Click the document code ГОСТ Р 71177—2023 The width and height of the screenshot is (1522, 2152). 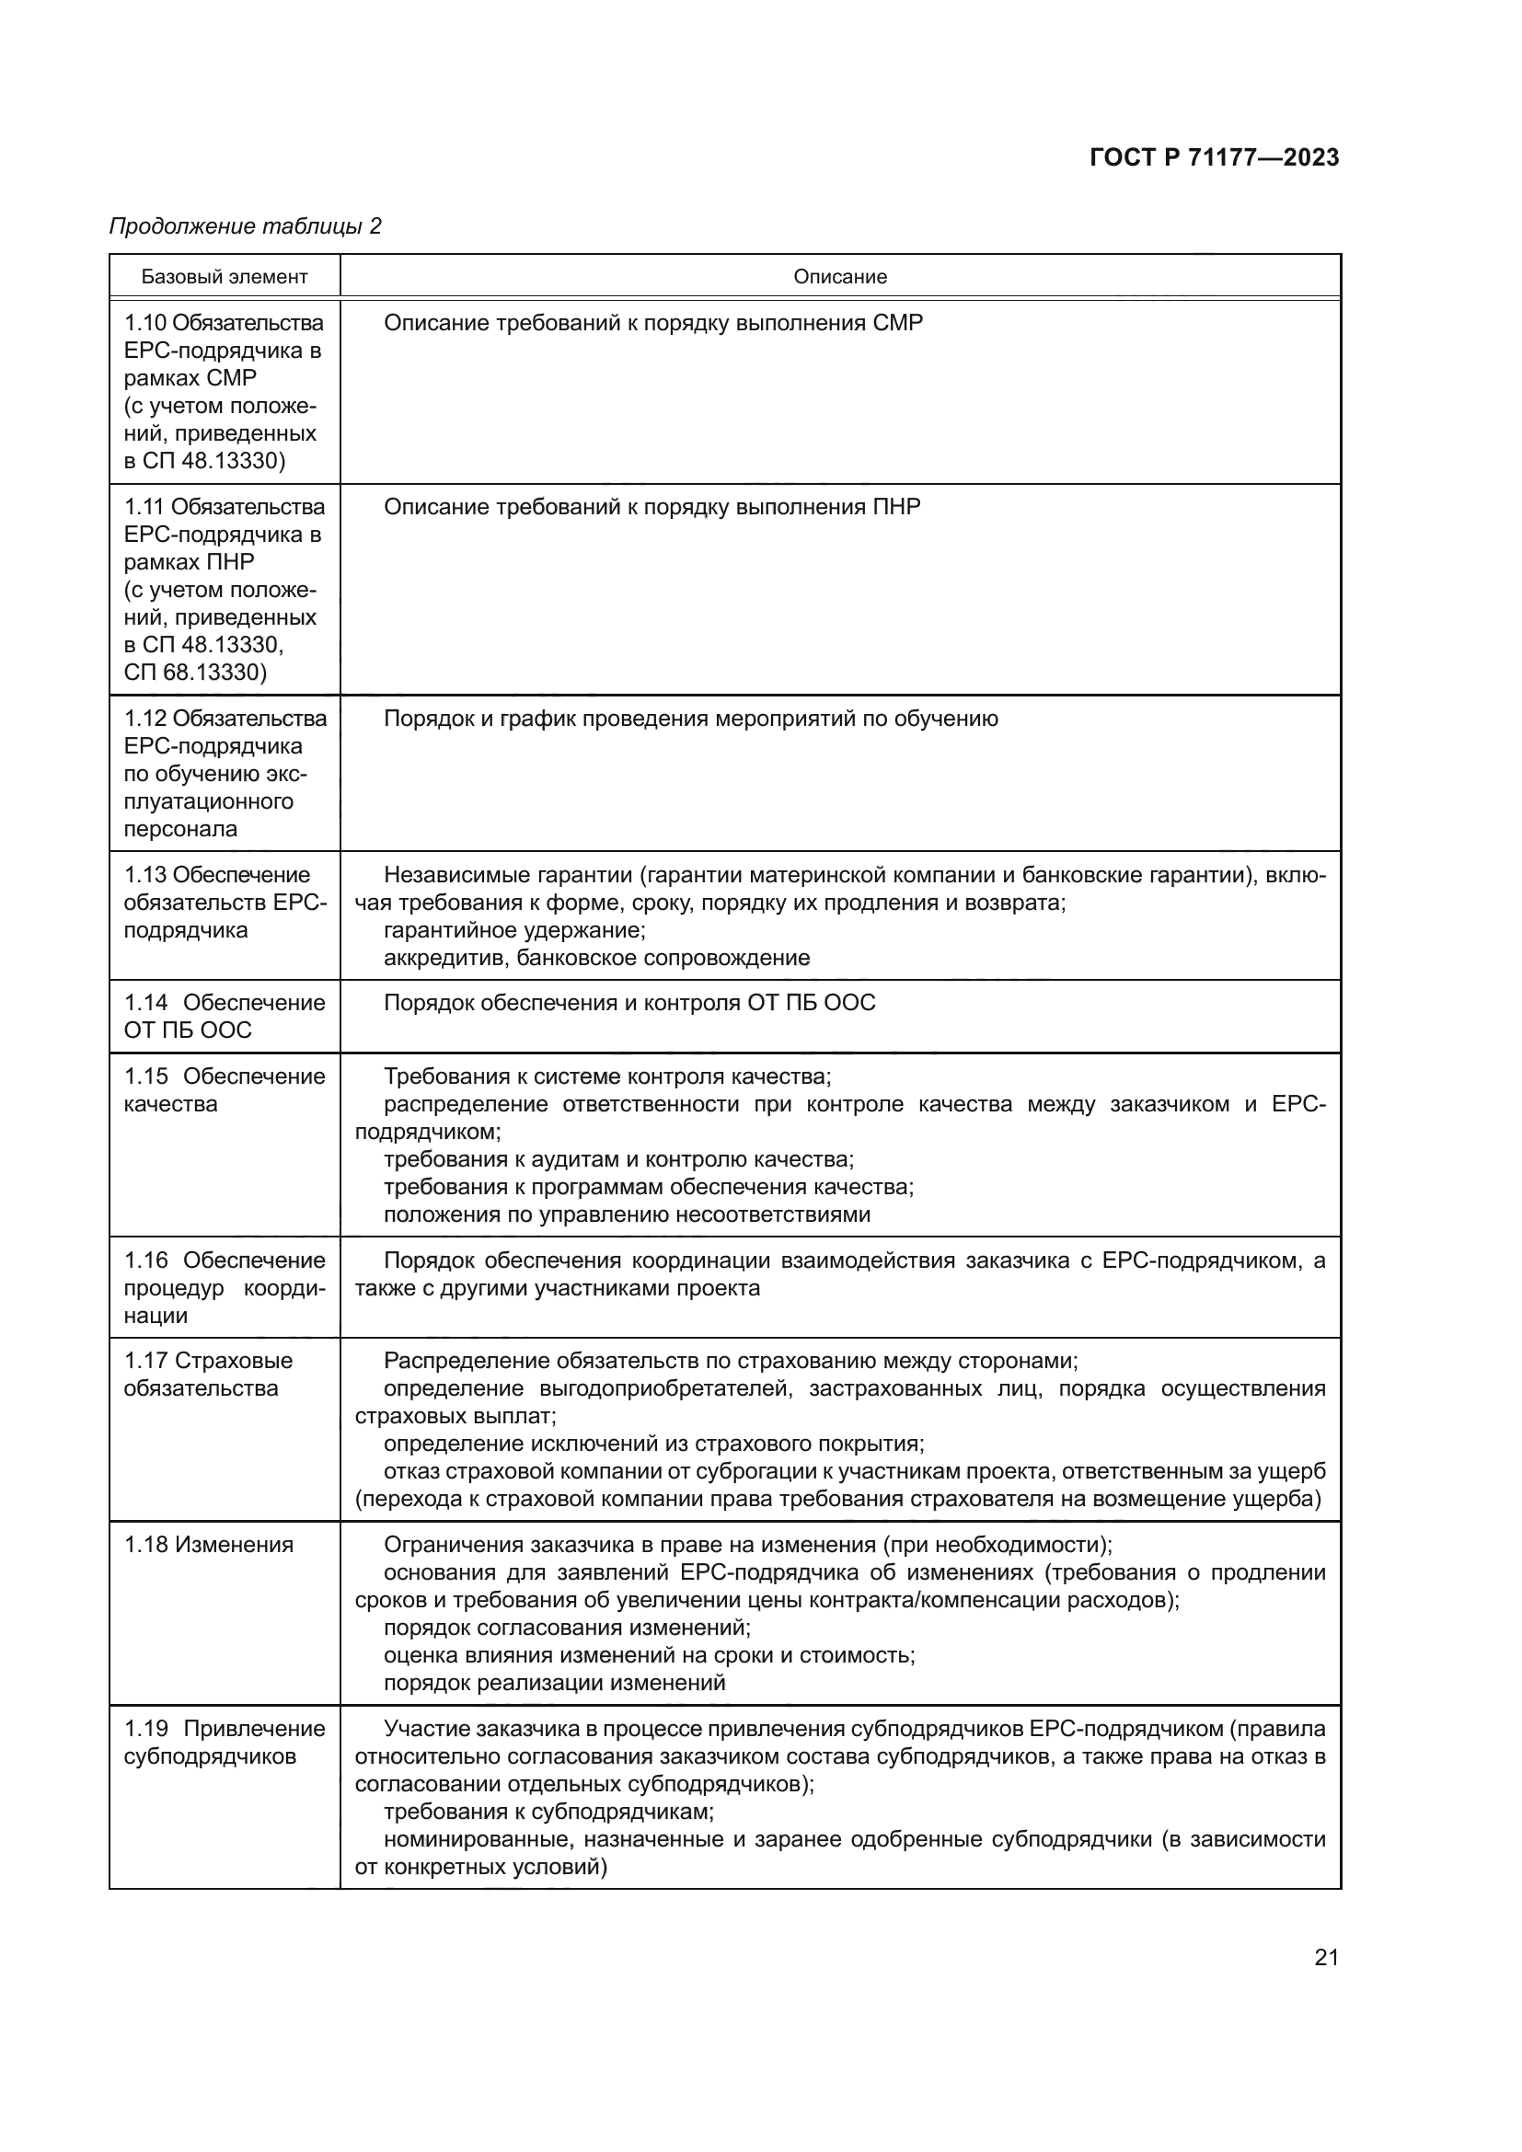(x=1214, y=157)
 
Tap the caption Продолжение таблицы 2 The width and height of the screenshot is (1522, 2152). (x=246, y=226)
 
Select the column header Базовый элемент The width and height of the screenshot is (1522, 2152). (x=224, y=277)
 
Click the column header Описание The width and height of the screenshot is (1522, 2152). (x=840, y=277)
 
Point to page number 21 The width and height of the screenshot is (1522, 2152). (x=1326, y=1957)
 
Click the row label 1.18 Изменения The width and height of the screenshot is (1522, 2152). (x=209, y=1545)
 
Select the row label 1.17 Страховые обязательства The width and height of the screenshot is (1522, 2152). (x=208, y=1374)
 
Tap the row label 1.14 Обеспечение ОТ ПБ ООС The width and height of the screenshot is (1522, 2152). (x=224, y=1016)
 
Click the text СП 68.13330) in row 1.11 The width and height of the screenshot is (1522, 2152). (x=195, y=672)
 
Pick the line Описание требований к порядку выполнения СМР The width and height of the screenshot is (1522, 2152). (x=653, y=322)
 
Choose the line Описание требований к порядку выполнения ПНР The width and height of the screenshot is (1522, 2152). (x=652, y=507)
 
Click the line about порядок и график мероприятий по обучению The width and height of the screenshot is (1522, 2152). (x=691, y=719)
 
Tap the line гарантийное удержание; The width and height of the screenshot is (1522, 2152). (x=514, y=930)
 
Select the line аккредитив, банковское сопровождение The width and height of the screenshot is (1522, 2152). (x=597, y=958)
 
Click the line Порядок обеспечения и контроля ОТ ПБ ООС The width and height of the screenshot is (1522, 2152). (x=628, y=1003)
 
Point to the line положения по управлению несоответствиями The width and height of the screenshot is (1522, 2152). (x=627, y=1214)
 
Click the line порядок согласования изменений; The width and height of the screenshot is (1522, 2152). (x=567, y=1628)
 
